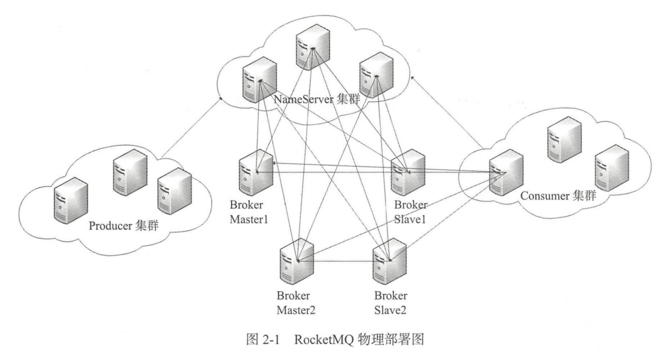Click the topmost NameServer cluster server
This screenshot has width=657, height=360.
312,47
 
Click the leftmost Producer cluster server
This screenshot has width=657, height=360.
70,200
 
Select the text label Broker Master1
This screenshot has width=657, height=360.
249,212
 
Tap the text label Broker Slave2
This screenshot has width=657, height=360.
390,303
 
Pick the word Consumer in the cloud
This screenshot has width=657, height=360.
544,196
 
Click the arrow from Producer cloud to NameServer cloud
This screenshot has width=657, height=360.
192,127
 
